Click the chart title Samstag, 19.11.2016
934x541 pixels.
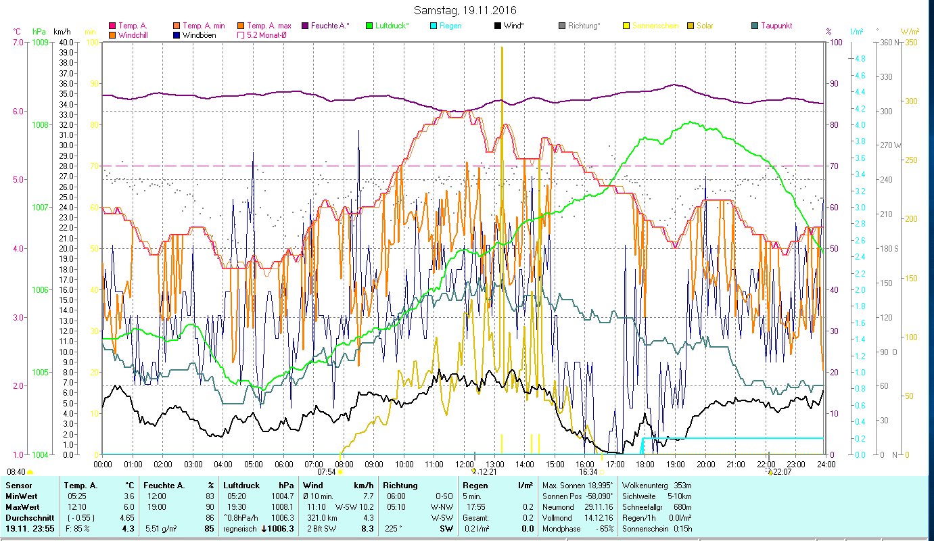467,10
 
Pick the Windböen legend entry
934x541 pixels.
199,34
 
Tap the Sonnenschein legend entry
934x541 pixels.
659,26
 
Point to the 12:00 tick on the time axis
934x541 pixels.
465,465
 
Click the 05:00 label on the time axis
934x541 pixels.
254,465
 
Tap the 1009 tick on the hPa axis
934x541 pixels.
39,42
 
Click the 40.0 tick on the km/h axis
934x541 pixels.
66,42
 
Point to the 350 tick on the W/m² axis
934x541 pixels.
910,42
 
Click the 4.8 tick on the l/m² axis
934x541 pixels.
841,59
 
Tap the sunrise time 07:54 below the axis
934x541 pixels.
326,472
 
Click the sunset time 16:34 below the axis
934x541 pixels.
588,472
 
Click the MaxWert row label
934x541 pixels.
23,507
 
